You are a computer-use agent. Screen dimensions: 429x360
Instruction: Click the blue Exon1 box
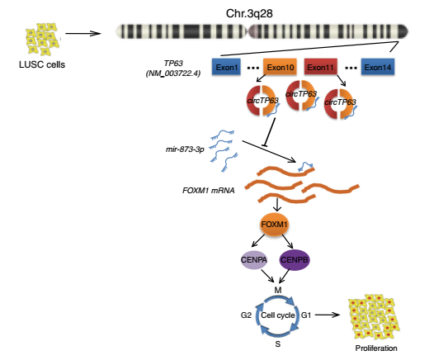click(226, 67)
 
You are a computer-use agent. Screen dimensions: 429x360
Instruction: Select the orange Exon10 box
click(280, 67)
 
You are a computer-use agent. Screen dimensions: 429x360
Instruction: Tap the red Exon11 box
click(321, 67)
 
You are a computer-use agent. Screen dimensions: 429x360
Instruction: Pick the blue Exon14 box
click(378, 67)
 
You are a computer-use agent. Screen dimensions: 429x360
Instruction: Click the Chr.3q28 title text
click(249, 13)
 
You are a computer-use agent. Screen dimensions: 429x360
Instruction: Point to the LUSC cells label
click(42, 64)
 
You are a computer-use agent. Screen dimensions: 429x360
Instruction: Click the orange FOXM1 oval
click(274, 225)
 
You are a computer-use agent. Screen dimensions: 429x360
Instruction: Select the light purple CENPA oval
click(254, 260)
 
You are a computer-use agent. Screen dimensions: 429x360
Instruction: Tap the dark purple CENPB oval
click(295, 260)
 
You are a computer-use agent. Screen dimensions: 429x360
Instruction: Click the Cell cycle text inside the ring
click(278, 315)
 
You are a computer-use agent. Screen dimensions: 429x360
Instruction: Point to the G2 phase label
click(246, 315)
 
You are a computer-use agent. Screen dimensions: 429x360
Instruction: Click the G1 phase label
click(306, 315)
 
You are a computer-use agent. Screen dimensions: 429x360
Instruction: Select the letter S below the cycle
click(278, 344)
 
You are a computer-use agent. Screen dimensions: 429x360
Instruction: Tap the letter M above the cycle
click(278, 291)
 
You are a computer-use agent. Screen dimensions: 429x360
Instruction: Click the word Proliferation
click(376, 348)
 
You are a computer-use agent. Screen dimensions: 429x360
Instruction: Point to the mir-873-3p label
click(185, 149)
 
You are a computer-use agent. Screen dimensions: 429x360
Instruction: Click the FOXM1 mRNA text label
click(209, 191)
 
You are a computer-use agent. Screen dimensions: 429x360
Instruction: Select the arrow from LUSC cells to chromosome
click(83, 34)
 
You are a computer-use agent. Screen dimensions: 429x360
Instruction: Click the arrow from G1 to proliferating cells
click(328, 315)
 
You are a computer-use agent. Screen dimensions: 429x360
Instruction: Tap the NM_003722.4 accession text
click(173, 73)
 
